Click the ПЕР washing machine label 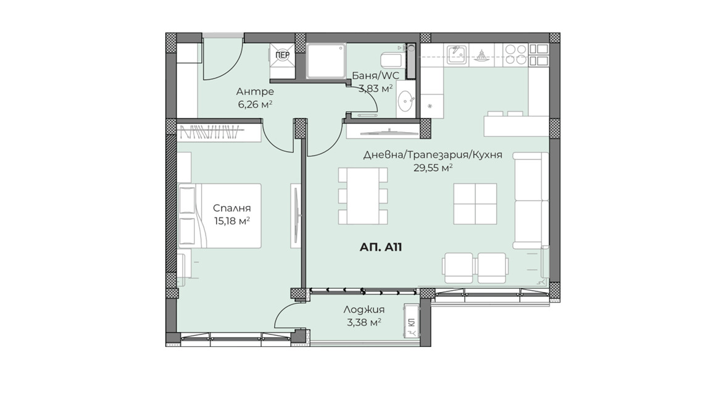tap(283, 55)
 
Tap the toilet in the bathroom tap(393, 59)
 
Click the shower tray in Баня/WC tap(326, 60)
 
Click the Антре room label tap(255, 91)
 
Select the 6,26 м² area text tap(255, 104)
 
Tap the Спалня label tap(231, 208)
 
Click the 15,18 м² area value tap(231, 221)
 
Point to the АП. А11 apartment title tap(381, 247)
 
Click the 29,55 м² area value tap(433, 168)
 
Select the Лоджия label tap(364, 310)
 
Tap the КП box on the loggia tap(411, 321)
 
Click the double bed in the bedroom tap(220, 216)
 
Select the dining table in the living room tap(363, 196)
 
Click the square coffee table tap(475, 204)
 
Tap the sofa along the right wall tap(531, 201)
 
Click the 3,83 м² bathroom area tap(375, 88)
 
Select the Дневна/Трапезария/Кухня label tap(433, 155)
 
